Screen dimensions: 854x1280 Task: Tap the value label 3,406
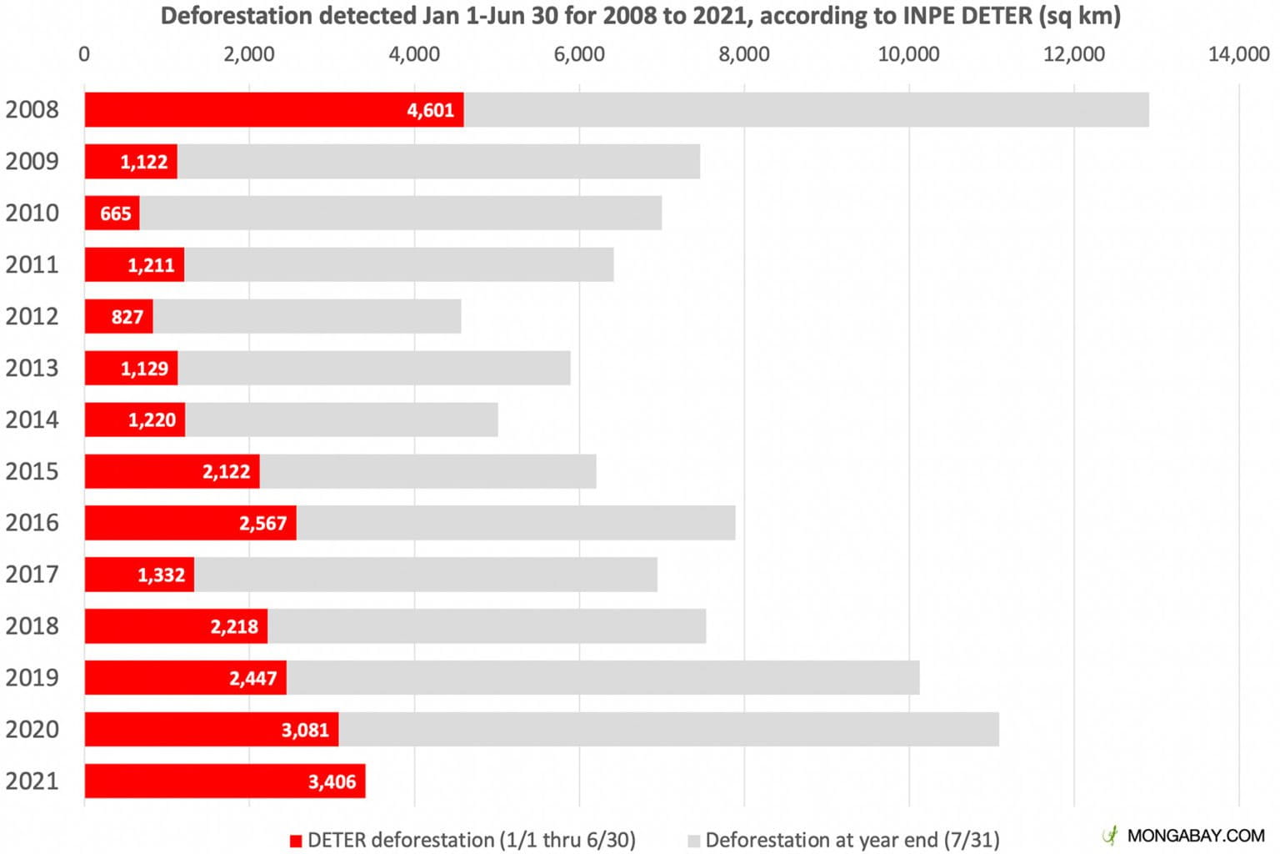[332, 781]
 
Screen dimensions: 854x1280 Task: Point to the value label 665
[116, 213]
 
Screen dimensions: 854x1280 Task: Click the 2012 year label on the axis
[32, 316]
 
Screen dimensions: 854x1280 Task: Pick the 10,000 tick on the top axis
[908, 54]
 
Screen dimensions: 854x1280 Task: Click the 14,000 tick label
[1238, 54]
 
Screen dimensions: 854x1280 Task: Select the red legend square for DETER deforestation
[295, 841]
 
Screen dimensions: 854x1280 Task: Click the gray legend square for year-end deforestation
[693, 841]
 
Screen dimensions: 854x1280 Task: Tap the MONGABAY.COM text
[1195, 835]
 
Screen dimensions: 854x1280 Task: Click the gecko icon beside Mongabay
[1110, 835]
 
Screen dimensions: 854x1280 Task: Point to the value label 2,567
[262, 523]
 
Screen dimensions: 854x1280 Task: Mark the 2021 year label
[32, 781]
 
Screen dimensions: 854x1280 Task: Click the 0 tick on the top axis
[84, 54]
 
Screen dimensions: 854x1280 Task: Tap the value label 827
[127, 317]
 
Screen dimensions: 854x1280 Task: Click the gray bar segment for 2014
[342, 419]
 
